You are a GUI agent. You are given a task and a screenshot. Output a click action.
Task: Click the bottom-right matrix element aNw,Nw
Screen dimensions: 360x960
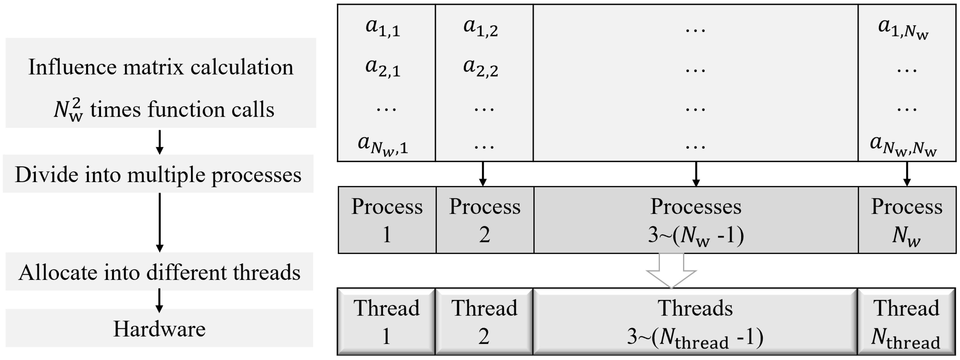[903, 145]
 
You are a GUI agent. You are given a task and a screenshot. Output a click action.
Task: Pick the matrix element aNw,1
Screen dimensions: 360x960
[383, 145]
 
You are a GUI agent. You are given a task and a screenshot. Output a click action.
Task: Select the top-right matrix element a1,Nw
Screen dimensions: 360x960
[903, 28]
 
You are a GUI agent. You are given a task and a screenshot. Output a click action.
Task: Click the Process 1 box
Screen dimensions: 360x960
[387, 220]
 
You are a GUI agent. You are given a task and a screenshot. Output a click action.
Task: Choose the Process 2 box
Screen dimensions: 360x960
[485, 220]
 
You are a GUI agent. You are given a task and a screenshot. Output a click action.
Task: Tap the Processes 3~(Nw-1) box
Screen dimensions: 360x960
[696, 220]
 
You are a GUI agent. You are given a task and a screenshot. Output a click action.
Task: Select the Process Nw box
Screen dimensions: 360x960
[907, 220]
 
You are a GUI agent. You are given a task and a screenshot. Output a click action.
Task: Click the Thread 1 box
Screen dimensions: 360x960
[387, 321]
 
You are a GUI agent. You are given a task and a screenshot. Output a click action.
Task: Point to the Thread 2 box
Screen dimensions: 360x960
[484, 321]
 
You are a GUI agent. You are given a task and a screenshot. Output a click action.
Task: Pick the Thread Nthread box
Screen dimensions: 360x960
[906, 321]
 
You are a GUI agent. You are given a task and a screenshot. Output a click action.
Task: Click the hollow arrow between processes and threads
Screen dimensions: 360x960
[671, 271]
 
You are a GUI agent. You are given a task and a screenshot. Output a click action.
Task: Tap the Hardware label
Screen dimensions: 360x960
[159, 328]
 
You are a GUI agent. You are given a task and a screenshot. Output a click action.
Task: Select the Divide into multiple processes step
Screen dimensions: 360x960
[158, 174]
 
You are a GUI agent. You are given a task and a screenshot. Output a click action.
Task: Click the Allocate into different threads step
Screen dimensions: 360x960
[159, 272]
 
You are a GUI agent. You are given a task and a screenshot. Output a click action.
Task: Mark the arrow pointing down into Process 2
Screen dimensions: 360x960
[483, 174]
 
